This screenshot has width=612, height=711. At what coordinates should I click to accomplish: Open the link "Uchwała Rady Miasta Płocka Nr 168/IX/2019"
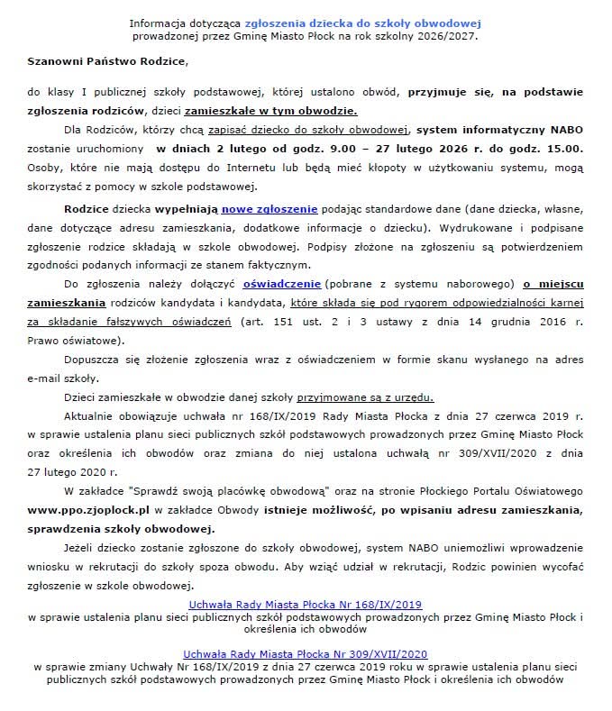click(305, 604)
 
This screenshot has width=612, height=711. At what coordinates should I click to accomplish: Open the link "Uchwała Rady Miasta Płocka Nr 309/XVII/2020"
click(305, 652)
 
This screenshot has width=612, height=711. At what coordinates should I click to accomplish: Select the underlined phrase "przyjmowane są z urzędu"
click(376, 397)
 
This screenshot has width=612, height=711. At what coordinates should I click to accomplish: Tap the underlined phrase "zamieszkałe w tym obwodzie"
click(270, 112)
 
